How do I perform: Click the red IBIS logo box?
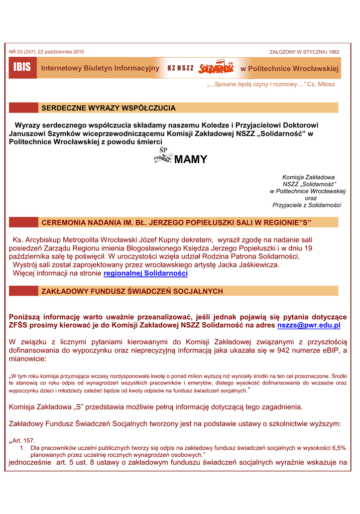pyautogui.click(x=23, y=68)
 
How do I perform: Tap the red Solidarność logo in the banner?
pyautogui.click(x=216, y=68)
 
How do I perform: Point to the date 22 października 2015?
pyautogui.click(x=61, y=52)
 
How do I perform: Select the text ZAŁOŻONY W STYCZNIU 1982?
pyautogui.click(x=304, y=52)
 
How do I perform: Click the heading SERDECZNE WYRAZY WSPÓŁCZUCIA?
pyautogui.click(x=108, y=108)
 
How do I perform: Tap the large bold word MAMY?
pyautogui.click(x=190, y=160)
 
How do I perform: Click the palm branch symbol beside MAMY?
pyautogui.click(x=163, y=159)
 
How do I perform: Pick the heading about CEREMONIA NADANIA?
pyautogui.click(x=176, y=222)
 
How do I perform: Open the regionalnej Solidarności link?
pyautogui.click(x=146, y=274)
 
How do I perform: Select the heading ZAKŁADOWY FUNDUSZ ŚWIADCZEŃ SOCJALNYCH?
pyautogui.click(x=132, y=291)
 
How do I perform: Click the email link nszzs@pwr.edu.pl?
pyautogui.click(x=309, y=325)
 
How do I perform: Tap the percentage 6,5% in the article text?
pyautogui.click(x=338, y=447)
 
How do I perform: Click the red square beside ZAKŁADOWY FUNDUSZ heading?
pyautogui.click(x=24, y=291)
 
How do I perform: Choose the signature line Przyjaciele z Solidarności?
pyautogui.click(x=307, y=205)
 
